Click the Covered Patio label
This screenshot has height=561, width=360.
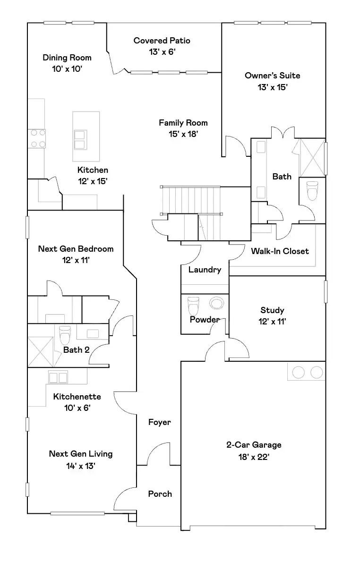coord(162,41)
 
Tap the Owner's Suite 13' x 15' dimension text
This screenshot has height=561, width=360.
coord(272,87)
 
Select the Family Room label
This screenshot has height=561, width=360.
coord(183,123)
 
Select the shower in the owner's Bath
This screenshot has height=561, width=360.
coord(311,157)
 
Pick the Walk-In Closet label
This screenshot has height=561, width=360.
coord(280,251)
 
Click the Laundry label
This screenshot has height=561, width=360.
coord(205,270)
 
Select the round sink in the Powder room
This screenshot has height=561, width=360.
coord(216,303)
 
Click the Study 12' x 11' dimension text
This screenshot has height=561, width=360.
coord(272,322)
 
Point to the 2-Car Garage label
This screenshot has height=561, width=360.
coord(254,444)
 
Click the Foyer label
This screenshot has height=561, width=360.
coord(159,422)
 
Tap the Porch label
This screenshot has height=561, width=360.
coord(160,493)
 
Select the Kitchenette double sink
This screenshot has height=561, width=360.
coord(57,377)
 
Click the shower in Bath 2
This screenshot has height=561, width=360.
coord(40,351)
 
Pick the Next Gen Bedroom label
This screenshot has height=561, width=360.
coord(76,249)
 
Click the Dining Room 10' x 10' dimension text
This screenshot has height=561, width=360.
coord(67,69)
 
